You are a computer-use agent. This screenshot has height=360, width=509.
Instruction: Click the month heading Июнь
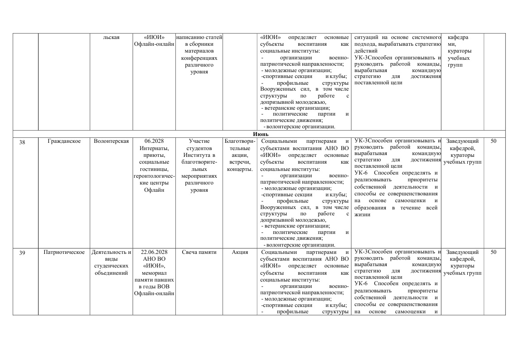tap(261, 134)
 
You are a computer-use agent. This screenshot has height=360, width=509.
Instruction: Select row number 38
tap(22, 141)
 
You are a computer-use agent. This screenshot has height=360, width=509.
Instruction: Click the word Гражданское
tap(64, 141)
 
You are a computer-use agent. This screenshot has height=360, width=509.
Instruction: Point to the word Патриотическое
tap(64, 252)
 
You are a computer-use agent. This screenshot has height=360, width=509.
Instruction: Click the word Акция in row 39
tap(240, 252)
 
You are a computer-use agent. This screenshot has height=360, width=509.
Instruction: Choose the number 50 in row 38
tap(494, 141)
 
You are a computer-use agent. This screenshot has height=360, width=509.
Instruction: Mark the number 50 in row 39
tap(494, 252)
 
